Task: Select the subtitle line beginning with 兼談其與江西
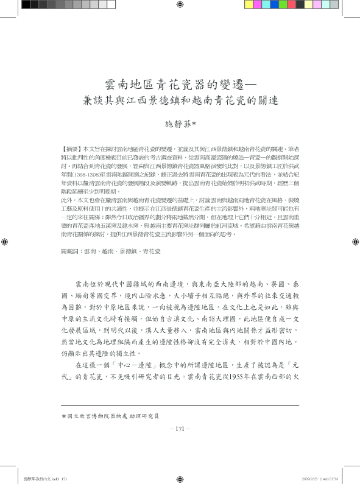(x=180, y=100)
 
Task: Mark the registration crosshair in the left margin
(x=5, y=242)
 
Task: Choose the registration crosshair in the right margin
(x=354, y=242)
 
